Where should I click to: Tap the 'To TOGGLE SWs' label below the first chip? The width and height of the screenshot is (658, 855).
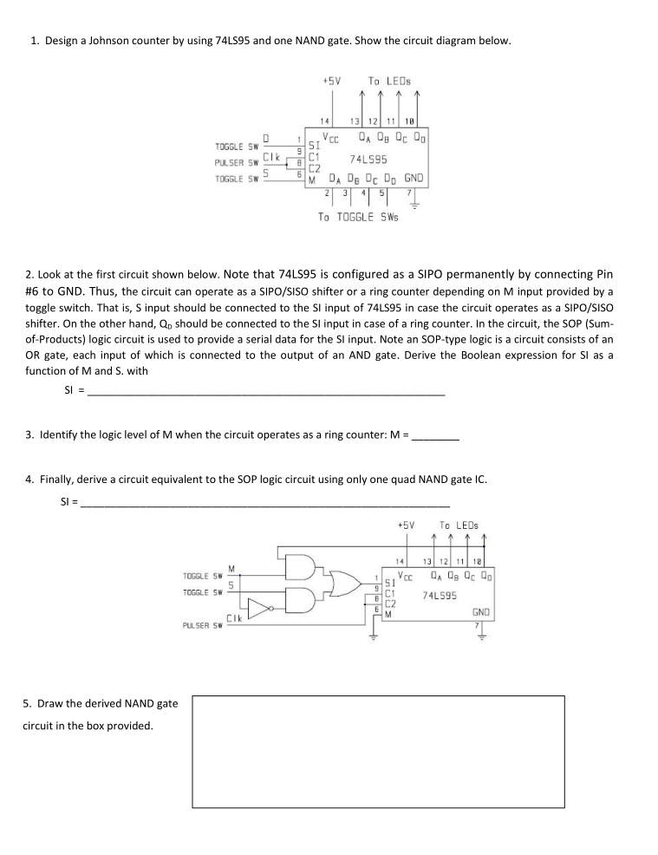[x=358, y=217]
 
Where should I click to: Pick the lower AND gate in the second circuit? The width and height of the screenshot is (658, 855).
[x=299, y=600]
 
